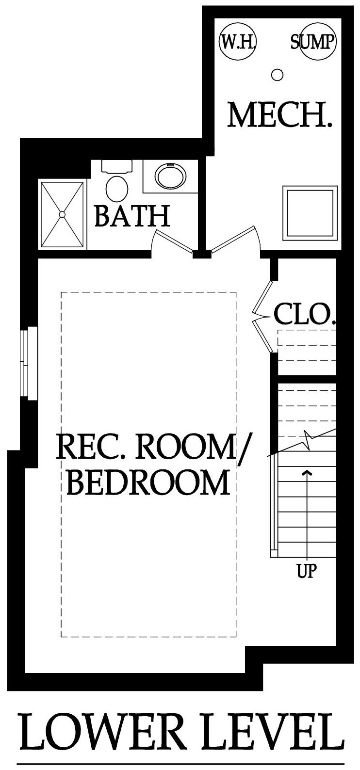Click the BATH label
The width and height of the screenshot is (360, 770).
(132, 215)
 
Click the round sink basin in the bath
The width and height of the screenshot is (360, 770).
(171, 176)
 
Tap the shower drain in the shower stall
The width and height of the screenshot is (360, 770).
(62, 214)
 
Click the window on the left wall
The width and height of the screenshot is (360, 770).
(29, 363)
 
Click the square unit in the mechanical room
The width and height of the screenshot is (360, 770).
(310, 213)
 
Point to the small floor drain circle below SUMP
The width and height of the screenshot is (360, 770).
(277, 74)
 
